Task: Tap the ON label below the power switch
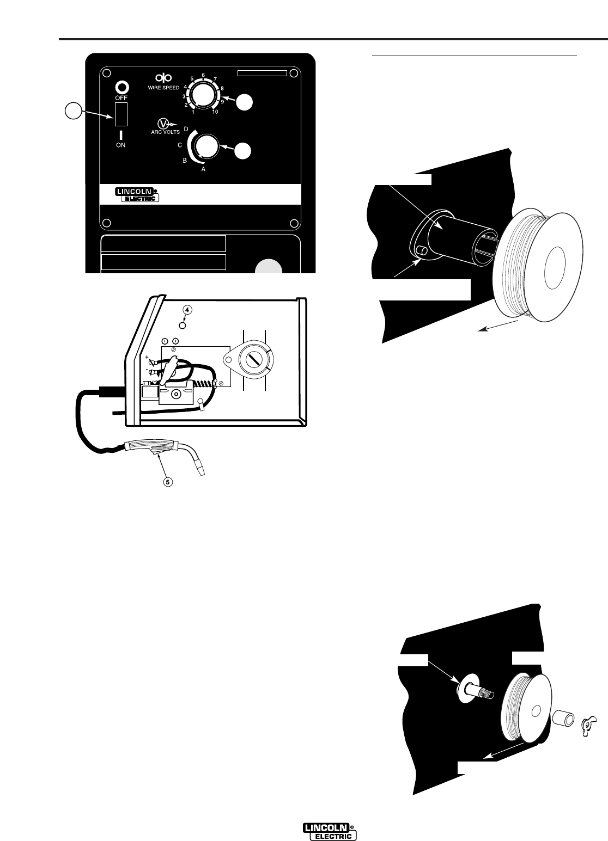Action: [x=121, y=145]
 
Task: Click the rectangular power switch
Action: [x=121, y=114]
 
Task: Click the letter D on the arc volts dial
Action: [x=186, y=129]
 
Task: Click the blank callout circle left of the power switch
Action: [x=72, y=111]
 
